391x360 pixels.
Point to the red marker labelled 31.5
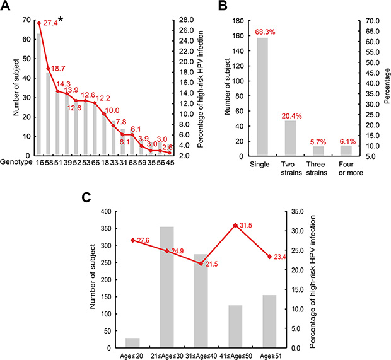[x=236, y=225]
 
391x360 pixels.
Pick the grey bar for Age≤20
[x=132, y=342]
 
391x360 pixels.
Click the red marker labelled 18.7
[x=48, y=69]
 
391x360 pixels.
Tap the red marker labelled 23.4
[x=269, y=257]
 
